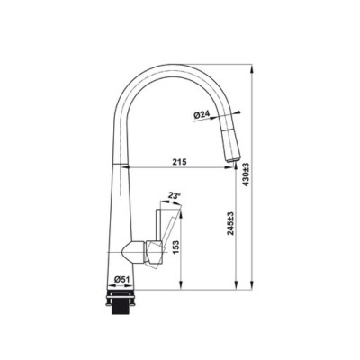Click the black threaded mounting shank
121,308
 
